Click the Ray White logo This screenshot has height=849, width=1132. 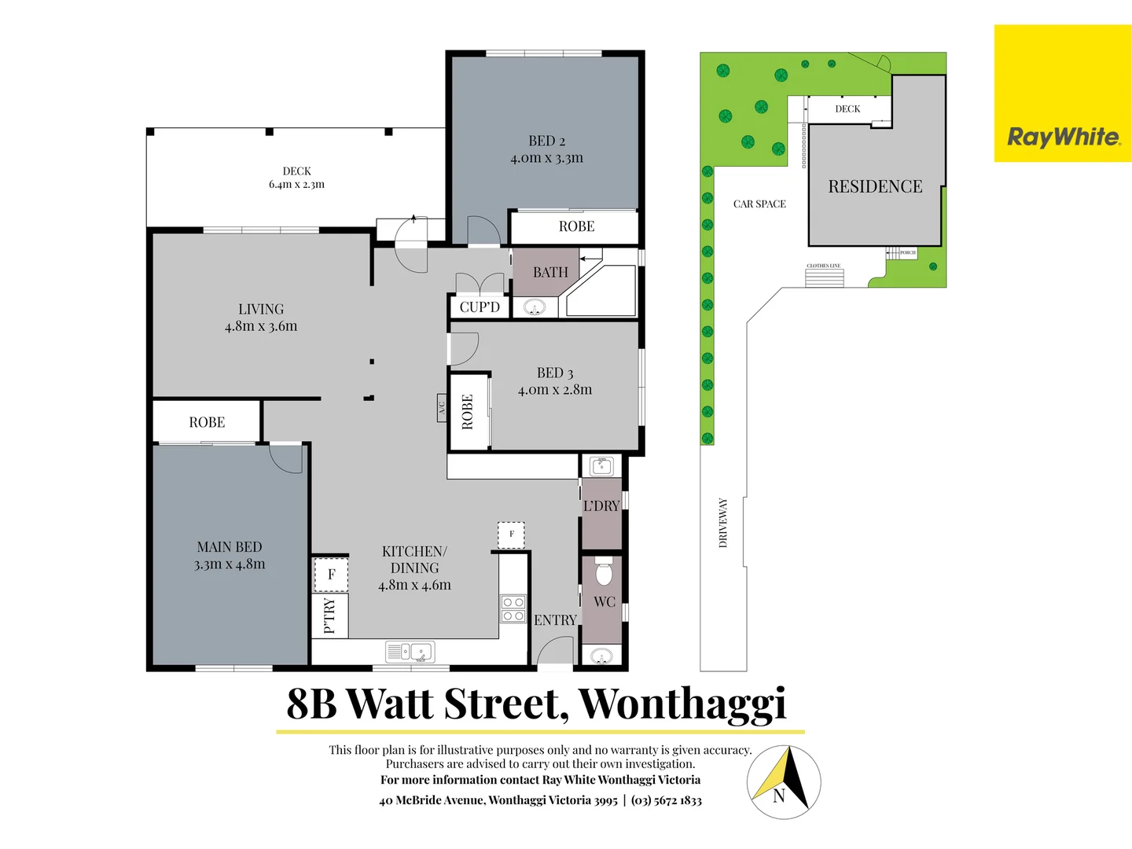pos(1063,137)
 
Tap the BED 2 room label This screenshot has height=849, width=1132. pos(547,141)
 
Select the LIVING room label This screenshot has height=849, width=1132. pos(261,310)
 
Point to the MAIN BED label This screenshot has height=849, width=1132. pos(230,547)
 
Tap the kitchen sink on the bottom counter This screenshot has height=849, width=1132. pos(410,652)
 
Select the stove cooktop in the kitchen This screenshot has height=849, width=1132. pos(513,609)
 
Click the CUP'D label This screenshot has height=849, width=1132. pos(480,307)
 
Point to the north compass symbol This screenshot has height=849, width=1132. pos(783,782)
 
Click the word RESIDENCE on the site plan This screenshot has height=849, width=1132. pos(875,187)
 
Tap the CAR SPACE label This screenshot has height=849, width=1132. pos(759,204)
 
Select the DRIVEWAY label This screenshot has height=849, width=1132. pos(723,523)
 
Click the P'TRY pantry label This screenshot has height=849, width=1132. pos(330,616)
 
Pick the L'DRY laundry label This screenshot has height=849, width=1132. pos(601,506)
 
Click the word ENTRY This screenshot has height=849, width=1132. pos(555,620)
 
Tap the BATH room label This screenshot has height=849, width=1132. pos(550,273)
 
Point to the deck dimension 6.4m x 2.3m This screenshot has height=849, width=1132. pos(296,185)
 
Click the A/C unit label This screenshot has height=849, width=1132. pos(442,408)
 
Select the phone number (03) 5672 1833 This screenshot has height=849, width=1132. pos(667,800)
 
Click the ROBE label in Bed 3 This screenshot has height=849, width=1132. pos(468,412)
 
